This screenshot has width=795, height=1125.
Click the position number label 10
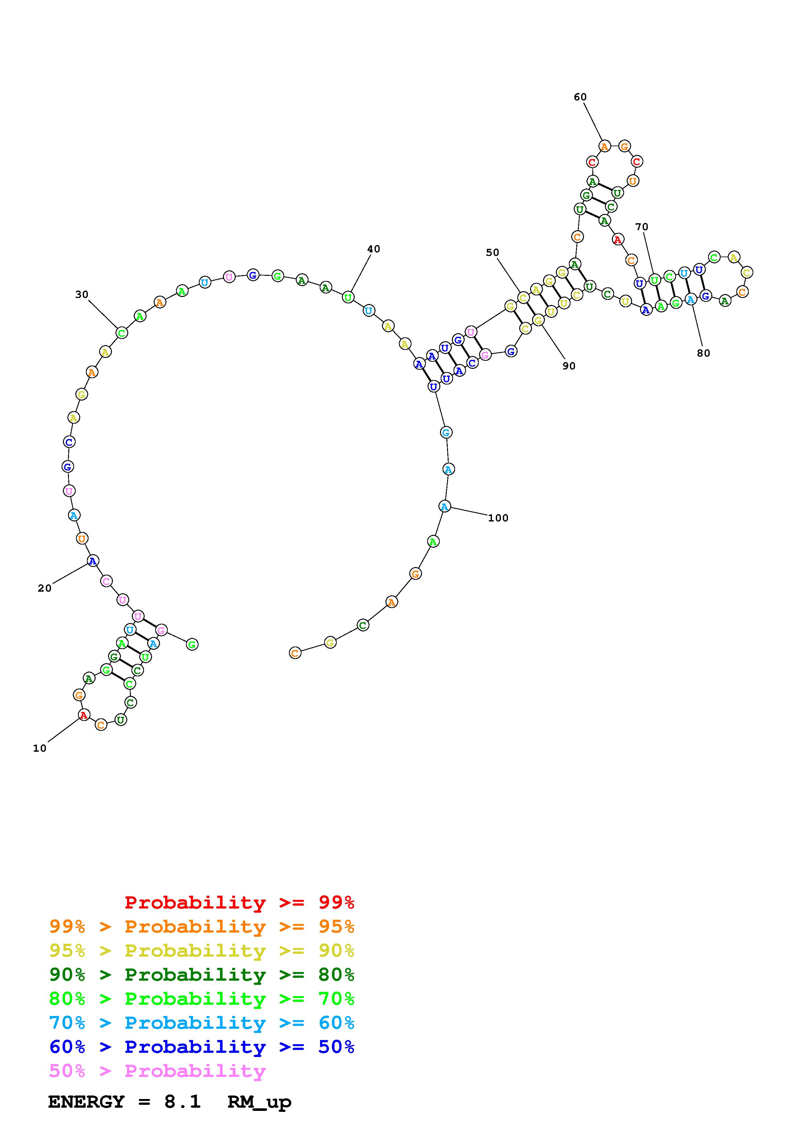point(40,748)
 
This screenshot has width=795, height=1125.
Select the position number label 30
point(82,294)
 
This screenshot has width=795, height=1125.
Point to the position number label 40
point(374,249)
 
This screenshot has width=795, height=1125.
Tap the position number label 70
point(642,227)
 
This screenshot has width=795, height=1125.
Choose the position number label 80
point(703,353)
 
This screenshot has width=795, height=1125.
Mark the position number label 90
point(569,366)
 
